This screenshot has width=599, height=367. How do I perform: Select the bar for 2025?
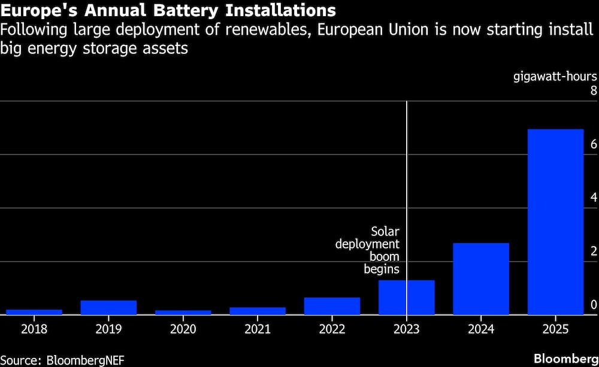555,222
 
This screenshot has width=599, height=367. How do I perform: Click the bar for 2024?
481,278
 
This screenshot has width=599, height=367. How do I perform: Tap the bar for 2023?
407,297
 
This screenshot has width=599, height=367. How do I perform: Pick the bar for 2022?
332,306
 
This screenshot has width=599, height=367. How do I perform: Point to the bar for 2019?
108,307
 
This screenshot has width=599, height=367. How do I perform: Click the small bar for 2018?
34,312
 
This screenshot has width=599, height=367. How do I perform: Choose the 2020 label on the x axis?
183,329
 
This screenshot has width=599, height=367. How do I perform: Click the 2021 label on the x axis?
258,329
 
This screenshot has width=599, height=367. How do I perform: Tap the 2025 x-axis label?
555,329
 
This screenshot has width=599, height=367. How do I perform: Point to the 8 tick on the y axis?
594,91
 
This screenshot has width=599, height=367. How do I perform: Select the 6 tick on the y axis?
594,144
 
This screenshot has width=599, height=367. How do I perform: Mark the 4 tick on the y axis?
594,198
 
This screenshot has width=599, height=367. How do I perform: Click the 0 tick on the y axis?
594,305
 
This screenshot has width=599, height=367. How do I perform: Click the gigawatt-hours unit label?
555,77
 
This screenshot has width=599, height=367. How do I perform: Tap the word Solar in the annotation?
385,231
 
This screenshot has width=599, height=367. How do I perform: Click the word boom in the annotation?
384,256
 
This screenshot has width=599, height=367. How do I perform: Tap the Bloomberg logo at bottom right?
565,358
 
